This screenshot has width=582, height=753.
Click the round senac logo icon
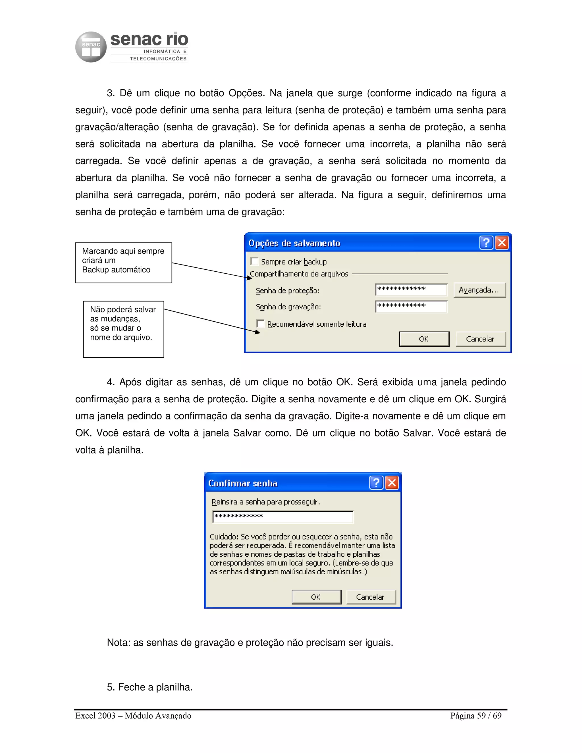tap(91, 47)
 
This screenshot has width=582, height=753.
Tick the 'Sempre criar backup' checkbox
tap(254, 261)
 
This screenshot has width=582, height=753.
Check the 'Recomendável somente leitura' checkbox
tap(261, 323)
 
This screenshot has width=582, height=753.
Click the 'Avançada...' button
tap(479, 290)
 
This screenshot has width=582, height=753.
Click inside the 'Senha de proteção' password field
tap(411, 290)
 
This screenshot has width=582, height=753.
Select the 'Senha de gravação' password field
tap(411, 306)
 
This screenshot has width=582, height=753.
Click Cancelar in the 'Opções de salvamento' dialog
tap(480, 339)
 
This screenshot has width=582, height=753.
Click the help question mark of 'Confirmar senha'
tap(376, 483)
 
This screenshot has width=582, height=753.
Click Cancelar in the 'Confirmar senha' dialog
tap(370, 597)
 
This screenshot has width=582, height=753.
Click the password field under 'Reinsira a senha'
tap(283, 517)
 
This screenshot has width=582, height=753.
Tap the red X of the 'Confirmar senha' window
tap(392, 483)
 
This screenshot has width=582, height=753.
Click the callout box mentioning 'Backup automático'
tap(123, 263)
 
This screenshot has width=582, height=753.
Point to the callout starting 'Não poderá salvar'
tap(123, 329)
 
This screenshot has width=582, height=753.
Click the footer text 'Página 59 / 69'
tap(475, 716)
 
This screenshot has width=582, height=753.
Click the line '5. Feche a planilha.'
tap(150, 687)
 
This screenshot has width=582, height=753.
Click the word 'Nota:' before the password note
tap(119, 643)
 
